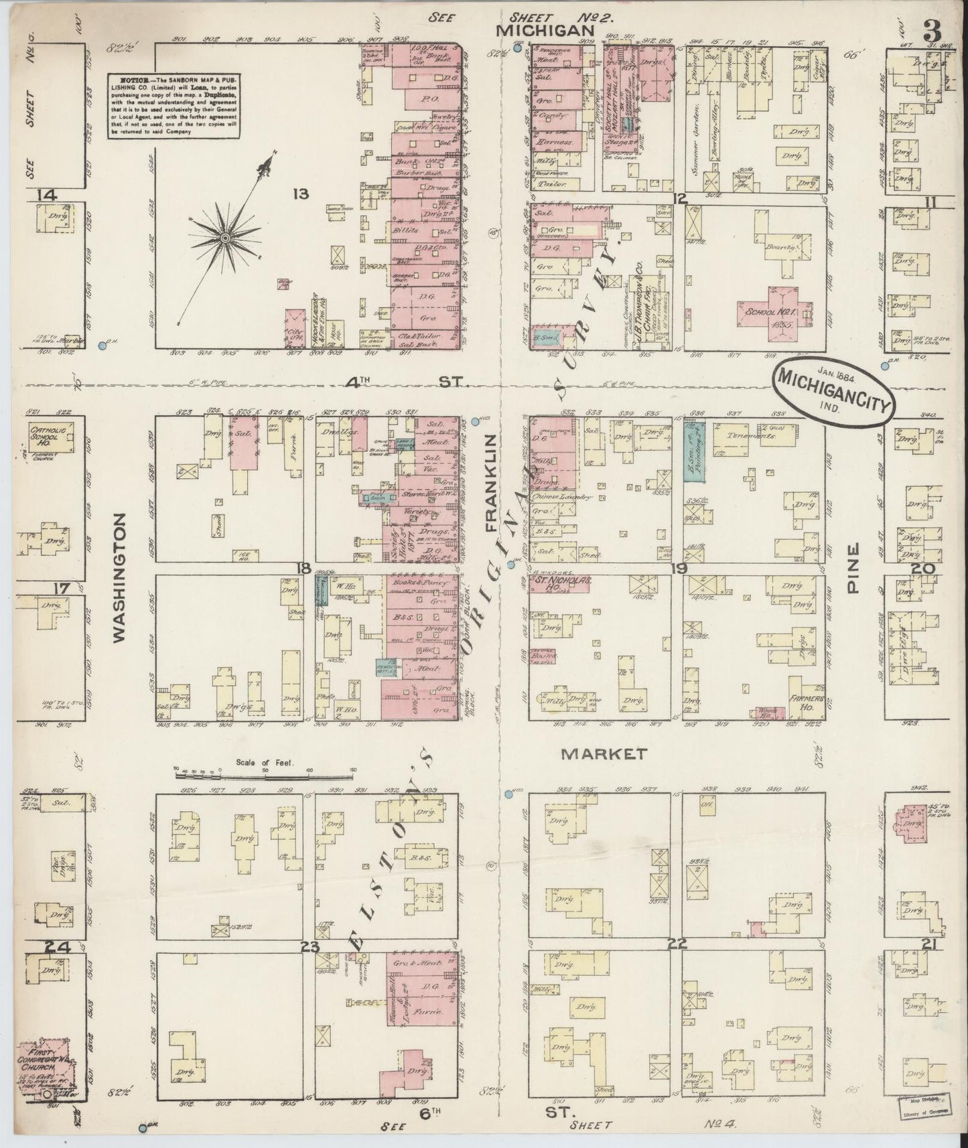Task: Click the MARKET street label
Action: (x=604, y=754)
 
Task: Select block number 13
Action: (x=301, y=194)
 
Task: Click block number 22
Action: (x=677, y=944)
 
